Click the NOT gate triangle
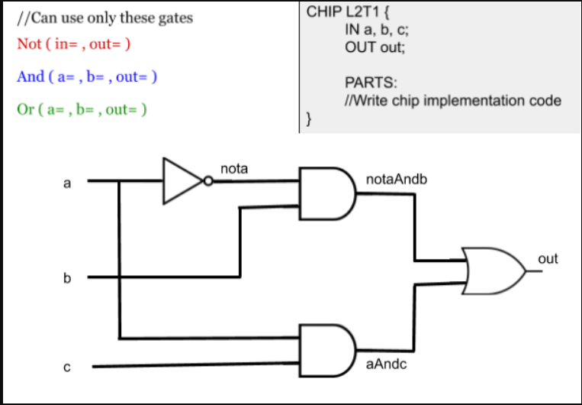point(182,182)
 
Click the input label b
point(67,278)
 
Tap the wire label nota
point(233,168)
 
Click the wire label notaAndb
point(397,179)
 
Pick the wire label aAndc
point(387,364)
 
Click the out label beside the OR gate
point(548,259)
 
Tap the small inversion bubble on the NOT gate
point(207,182)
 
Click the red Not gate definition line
point(73,44)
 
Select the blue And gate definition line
point(87,76)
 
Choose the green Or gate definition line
point(82,109)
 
